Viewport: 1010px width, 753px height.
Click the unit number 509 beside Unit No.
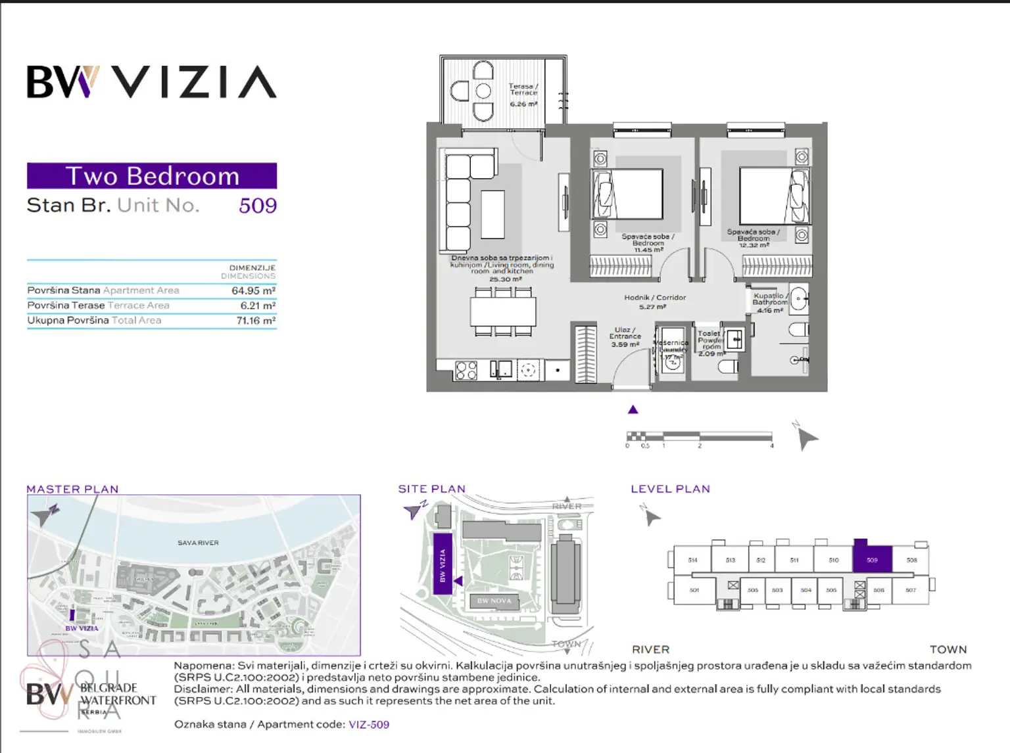(x=257, y=206)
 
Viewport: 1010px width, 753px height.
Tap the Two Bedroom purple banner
(x=152, y=176)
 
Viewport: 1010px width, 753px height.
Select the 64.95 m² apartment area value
(x=253, y=290)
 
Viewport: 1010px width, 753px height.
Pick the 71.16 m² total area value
(x=256, y=321)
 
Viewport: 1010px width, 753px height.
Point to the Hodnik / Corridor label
(x=654, y=298)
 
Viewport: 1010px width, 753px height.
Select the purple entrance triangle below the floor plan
(x=633, y=410)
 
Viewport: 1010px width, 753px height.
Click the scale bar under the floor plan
(x=699, y=436)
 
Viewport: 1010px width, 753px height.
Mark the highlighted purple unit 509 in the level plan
(x=872, y=560)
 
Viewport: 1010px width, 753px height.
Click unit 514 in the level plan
(x=692, y=560)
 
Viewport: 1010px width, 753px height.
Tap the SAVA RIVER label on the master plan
(x=198, y=543)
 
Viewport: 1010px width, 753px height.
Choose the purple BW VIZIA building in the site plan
(x=443, y=564)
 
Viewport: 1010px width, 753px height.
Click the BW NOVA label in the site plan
(x=494, y=601)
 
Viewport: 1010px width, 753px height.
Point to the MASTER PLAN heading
(x=72, y=490)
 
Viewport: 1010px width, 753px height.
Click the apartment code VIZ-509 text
(x=369, y=725)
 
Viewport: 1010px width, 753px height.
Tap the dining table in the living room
(x=503, y=311)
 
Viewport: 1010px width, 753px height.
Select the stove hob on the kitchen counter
(x=466, y=371)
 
